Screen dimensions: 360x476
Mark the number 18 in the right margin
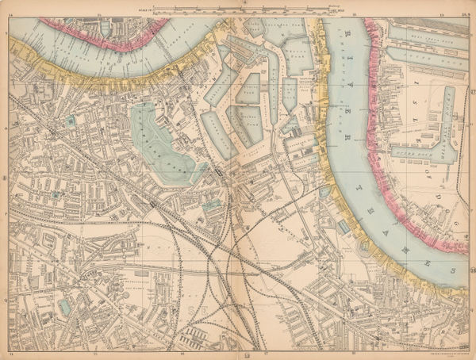point(471,274)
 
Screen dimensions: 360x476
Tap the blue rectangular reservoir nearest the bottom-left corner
point(64,305)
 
